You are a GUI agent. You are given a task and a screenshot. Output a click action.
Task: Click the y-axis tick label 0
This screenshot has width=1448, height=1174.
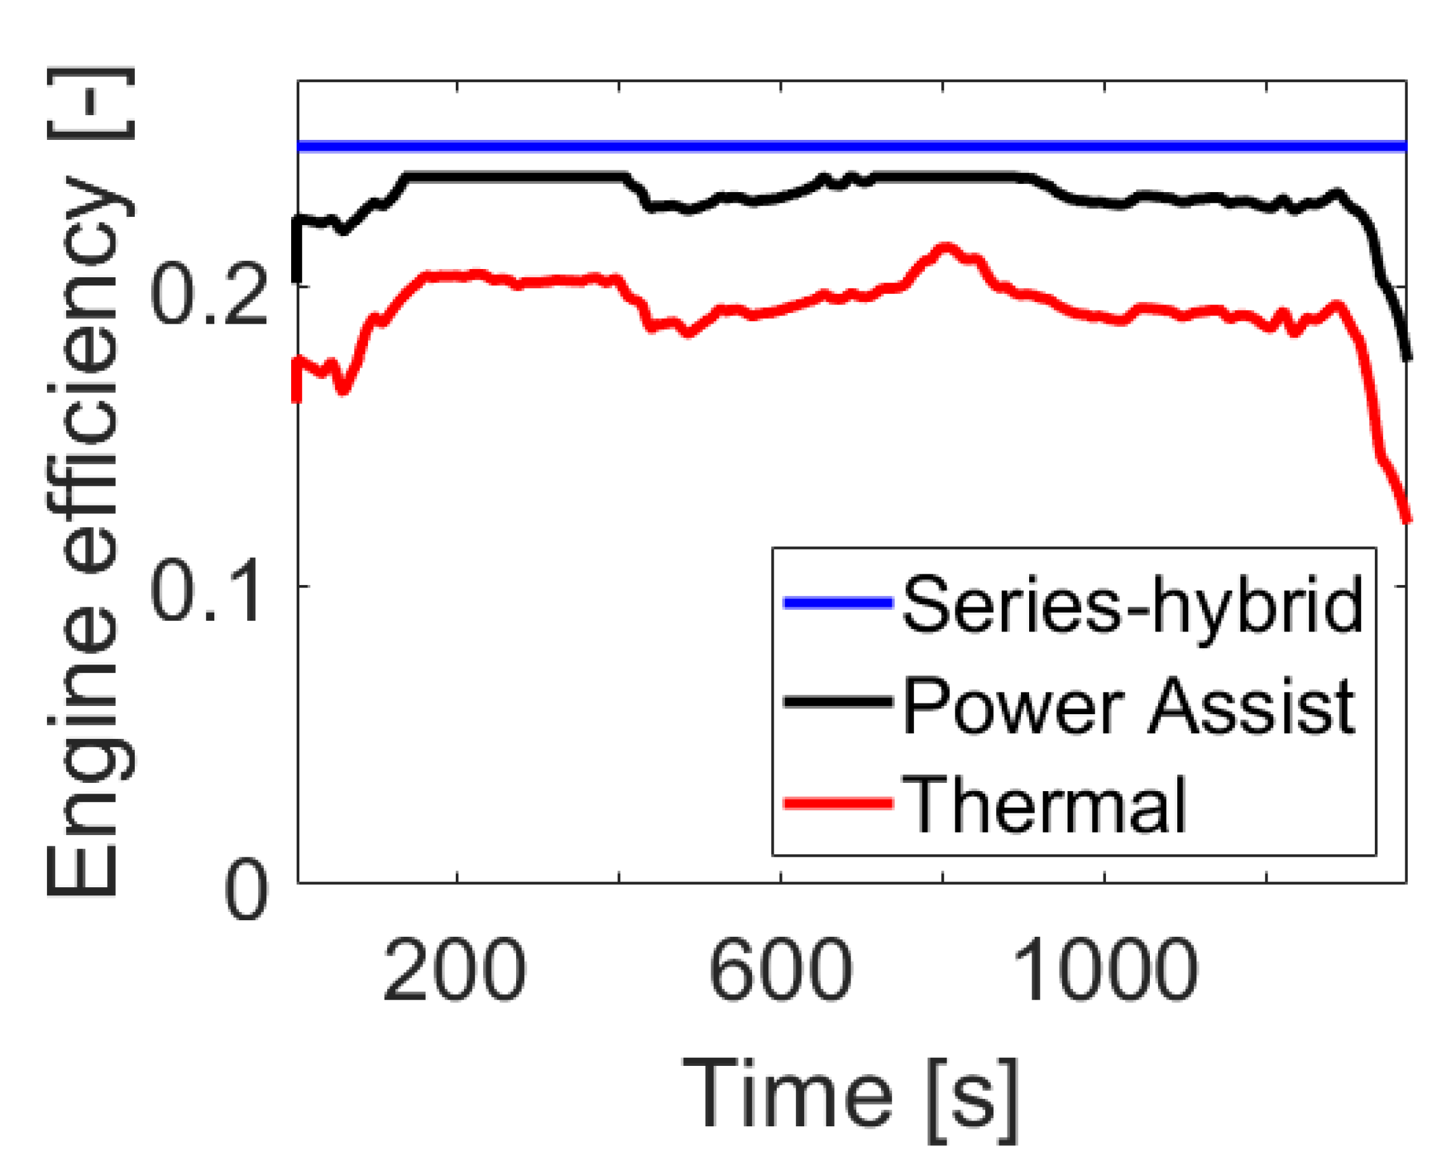click(246, 890)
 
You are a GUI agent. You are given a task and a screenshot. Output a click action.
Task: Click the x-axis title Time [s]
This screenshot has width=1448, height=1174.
click(850, 1093)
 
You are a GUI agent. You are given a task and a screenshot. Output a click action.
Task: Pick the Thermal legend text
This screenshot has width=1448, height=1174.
click(1044, 805)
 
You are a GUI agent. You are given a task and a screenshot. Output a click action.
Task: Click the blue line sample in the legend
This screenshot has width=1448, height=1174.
click(838, 602)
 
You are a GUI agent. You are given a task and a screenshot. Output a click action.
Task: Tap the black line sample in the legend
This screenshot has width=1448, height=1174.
click(838, 701)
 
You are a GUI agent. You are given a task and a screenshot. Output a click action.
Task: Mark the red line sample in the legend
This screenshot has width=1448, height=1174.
click(838, 803)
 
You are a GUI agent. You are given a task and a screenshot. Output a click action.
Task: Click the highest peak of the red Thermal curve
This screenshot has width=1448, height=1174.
click(945, 248)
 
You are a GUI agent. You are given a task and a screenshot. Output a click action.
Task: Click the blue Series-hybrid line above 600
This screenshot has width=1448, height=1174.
click(780, 146)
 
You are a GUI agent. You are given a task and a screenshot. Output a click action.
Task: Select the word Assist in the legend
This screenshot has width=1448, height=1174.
click(1250, 705)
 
